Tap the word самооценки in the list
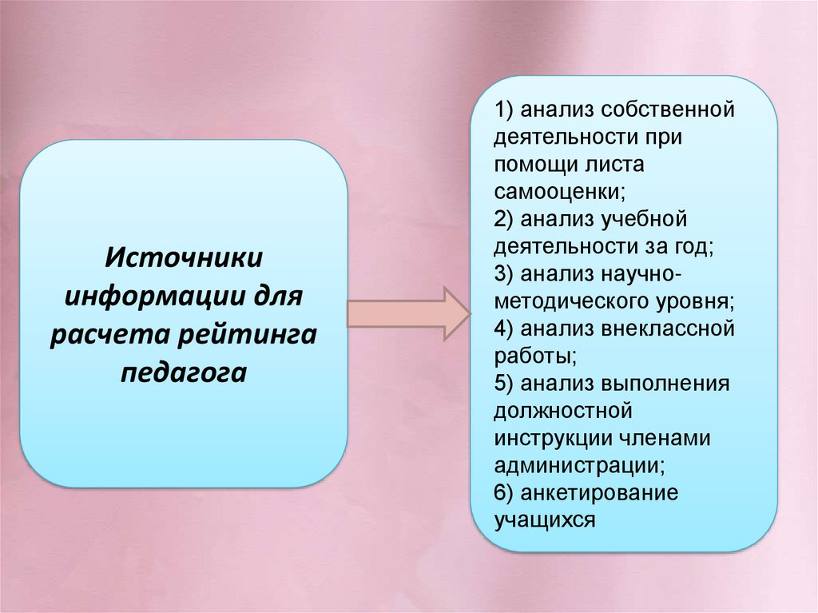pyautogui.click(x=558, y=191)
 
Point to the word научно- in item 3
pyautogui.click(x=639, y=273)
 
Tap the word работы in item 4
pyautogui.click(x=534, y=356)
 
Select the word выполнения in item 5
pyautogui.click(x=669, y=384)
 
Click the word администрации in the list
pyautogui.click(x=579, y=467)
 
